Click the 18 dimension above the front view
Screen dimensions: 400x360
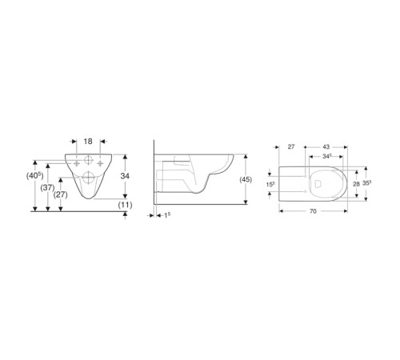pyautogui.click(x=88, y=142)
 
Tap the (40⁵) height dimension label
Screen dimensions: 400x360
pyautogui.click(x=35, y=176)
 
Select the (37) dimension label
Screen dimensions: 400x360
pyautogui.click(x=47, y=188)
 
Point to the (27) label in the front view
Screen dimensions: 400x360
pyautogui.click(x=60, y=195)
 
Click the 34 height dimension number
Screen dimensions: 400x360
pyautogui.click(x=125, y=176)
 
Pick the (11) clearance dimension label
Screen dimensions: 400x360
pyautogui.click(x=126, y=205)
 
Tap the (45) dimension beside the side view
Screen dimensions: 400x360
pyautogui.click(x=246, y=180)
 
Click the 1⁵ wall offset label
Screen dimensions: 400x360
pyautogui.click(x=167, y=215)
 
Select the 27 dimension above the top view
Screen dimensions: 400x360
pyautogui.click(x=291, y=146)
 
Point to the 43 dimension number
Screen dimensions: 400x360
pyautogui.click(x=326, y=146)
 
